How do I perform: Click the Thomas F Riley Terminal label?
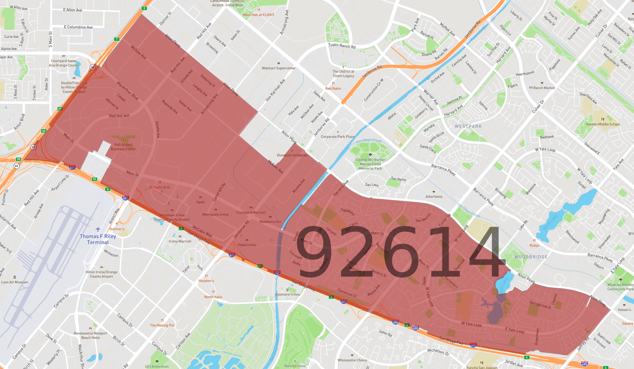click(98, 239)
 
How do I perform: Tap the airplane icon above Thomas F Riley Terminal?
click(98, 229)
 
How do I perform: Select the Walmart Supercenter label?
click(278, 68)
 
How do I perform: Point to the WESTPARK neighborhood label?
click(468, 126)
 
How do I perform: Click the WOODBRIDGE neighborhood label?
click(531, 257)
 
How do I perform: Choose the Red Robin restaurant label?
click(333, 89)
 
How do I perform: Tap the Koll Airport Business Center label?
click(123, 147)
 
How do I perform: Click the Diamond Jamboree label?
click(292, 155)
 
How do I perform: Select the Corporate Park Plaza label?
click(337, 137)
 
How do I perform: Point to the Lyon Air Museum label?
click(15, 282)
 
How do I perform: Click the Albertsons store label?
click(434, 197)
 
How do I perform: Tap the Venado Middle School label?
click(603, 124)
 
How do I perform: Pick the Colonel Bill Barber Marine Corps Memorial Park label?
click(370, 164)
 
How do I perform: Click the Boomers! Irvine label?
click(288, 294)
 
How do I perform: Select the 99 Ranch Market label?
click(542, 88)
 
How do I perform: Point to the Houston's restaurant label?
click(206, 281)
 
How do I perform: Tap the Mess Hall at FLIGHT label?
click(259, 15)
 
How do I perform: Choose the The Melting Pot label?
click(162, 325)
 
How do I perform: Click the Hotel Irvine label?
click(247, 245)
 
